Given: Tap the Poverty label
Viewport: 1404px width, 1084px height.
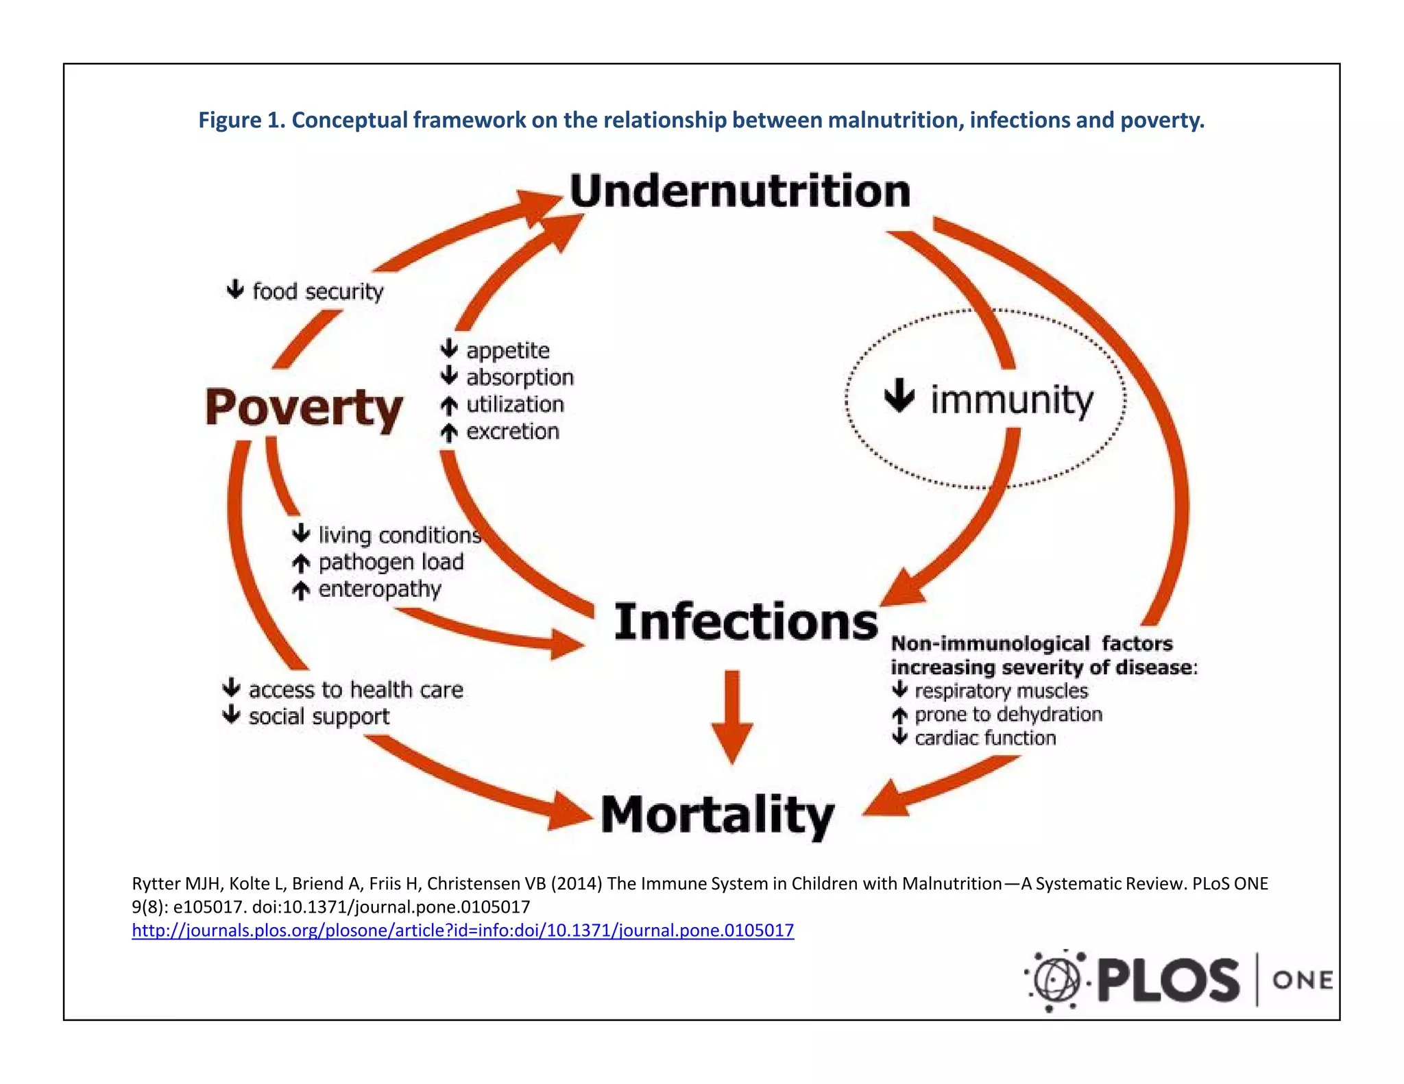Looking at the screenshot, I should (304, 408).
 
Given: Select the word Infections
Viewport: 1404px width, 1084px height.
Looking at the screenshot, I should (746, 621).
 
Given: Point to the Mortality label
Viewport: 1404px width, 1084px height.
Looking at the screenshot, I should (718, 815).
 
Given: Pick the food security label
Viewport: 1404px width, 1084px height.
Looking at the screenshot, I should (317, 291).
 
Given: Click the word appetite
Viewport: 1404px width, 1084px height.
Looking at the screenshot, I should (507, 350).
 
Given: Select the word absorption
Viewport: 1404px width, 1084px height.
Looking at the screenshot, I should (520, 378).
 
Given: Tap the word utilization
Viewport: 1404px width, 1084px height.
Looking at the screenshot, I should (515, 404).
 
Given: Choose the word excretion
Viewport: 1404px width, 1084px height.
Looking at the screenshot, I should (513, 432).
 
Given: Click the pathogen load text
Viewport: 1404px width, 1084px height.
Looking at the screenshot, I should (391, 562).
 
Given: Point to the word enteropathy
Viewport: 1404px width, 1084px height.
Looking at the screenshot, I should (380, 589).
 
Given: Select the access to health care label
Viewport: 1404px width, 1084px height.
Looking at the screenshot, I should (356, 689).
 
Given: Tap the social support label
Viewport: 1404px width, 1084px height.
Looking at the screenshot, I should (319, 717).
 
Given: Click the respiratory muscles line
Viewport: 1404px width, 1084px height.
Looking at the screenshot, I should (1001, 691).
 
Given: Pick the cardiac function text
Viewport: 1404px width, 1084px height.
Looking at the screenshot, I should (985, 738).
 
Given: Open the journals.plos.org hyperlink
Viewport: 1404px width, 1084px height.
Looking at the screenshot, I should (463, 931).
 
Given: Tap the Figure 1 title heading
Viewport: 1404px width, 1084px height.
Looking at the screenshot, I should (701, 120).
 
